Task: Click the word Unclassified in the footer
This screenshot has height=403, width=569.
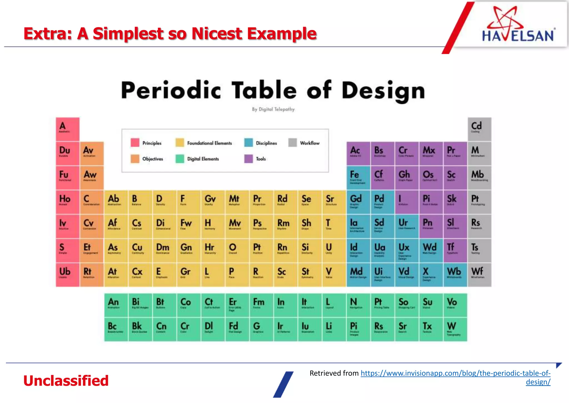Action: (66, 381)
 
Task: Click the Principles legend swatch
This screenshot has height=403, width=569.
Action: (135, 143)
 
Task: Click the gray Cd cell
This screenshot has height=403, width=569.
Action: (479, 129)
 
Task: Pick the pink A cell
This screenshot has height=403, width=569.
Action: (68, 129)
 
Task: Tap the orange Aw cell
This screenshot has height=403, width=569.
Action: (92, 178)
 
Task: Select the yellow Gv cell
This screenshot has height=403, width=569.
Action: (213, 202)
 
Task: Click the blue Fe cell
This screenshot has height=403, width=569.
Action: (358, 178)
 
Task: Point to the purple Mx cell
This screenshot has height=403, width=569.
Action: (431, 154)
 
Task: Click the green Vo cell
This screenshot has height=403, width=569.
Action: (455, 305)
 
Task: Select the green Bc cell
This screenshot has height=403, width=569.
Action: (116, 330)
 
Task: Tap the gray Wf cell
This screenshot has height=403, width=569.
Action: (479, 275)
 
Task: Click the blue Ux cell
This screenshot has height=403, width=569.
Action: (406, 251)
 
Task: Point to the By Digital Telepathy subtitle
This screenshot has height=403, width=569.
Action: (273, 109)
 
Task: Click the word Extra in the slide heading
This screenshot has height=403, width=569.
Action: (47, 34)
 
